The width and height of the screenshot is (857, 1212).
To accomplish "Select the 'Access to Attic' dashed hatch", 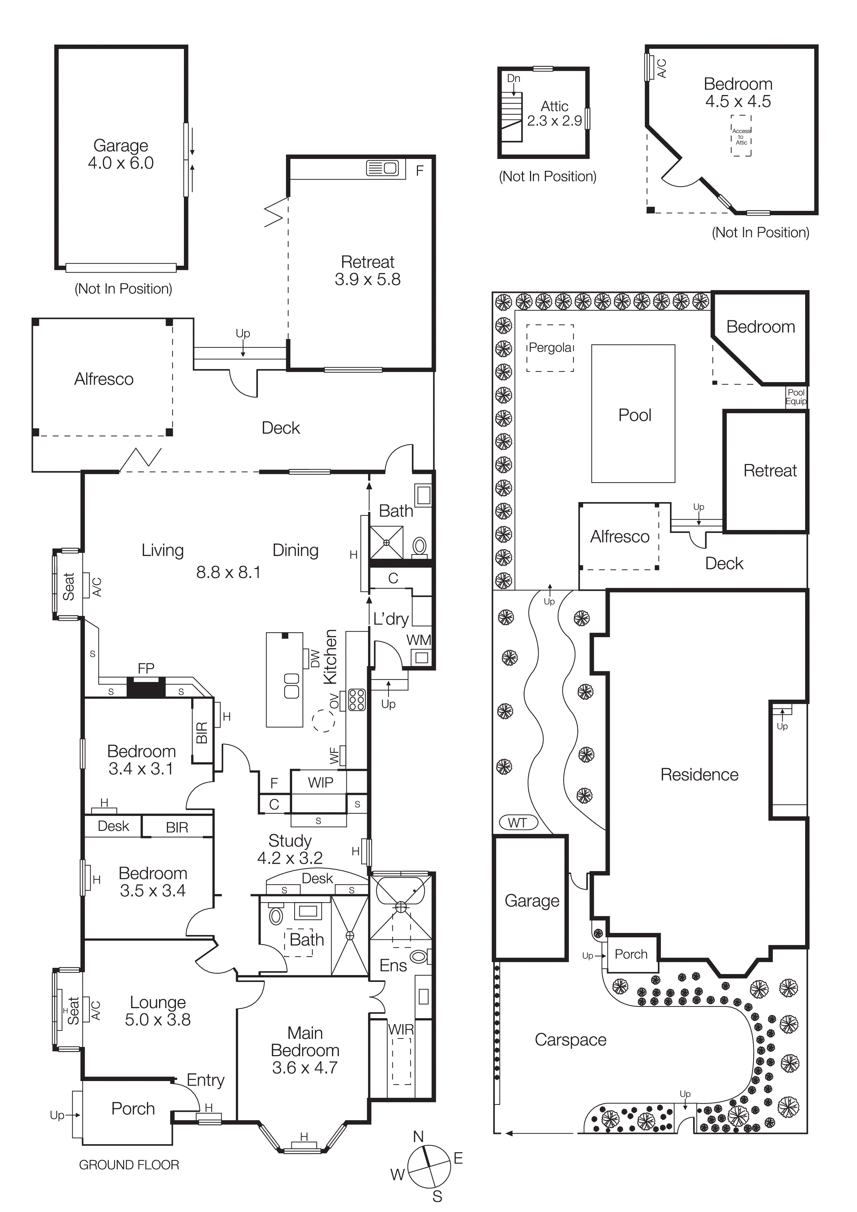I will [741, 136].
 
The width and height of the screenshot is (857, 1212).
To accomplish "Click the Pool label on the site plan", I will [635, 415].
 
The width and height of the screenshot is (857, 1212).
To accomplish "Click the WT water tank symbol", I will [518, 822].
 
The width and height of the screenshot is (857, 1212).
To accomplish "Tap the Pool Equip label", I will [796, 396].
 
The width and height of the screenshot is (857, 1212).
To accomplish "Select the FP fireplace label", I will [146, 668].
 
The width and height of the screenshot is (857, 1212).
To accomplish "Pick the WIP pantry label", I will [320, 782].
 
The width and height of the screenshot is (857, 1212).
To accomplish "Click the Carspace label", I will [570, 1039].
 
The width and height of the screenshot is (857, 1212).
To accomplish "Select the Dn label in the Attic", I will [513, 78].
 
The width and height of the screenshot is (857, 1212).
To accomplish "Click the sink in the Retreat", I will [382, 168].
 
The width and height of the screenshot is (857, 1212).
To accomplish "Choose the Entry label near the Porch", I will [205, 1080].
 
